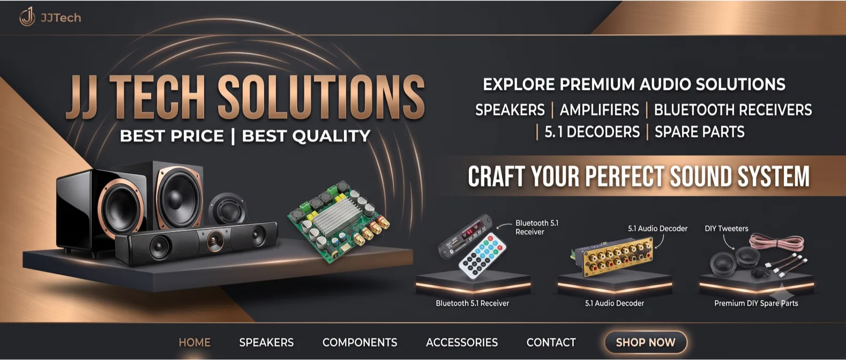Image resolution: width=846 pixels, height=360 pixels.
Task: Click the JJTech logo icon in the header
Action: click(27, 17)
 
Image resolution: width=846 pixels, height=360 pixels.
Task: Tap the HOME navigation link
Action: click(194, 342)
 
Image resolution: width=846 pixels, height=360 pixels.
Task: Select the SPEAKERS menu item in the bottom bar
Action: click(266, 342)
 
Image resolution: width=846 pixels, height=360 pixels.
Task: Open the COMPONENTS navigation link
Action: click(360, 342)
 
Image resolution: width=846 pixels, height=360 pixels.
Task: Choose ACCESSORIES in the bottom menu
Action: click(462, 342)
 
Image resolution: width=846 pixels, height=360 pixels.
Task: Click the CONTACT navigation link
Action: click(551, 342)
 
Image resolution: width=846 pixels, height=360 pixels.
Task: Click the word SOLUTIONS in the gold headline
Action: click(321, 97)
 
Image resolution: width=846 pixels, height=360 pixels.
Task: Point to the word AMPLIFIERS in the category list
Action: click(600, 110)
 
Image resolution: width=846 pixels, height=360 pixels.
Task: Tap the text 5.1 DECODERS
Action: click(592, 132)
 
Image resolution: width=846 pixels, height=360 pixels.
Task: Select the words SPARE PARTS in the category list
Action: click(699, 132)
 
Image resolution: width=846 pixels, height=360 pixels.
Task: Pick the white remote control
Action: click(482, 256)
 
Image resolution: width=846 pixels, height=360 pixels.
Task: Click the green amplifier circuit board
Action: click(339, 222)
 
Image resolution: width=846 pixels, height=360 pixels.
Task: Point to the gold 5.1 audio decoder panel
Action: click(612, 255)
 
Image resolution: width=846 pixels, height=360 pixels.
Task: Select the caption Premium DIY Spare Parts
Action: click(756, 303)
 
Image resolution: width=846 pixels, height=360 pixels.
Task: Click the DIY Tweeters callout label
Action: click(727, 229)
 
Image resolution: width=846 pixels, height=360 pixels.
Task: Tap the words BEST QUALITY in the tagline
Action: click(306, 136)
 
